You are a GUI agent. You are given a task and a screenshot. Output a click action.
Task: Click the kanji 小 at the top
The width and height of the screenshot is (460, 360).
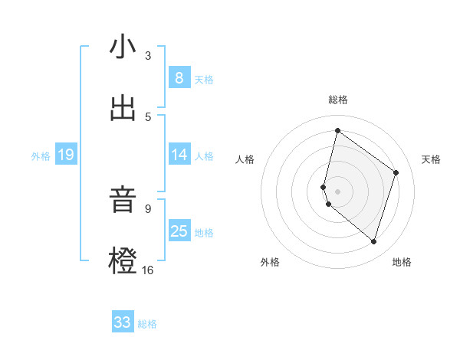(123, 47)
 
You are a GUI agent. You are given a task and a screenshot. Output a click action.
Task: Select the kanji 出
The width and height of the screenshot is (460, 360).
(123, 109)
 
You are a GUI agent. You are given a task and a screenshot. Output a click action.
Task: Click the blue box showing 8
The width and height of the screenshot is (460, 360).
(179, 77)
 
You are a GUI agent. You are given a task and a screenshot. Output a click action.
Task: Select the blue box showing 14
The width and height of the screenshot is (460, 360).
(179, 155)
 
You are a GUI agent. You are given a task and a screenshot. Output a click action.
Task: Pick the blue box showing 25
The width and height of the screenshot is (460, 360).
(179, 231)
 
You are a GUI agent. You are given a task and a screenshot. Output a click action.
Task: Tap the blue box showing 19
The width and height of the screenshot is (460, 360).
(65, 155)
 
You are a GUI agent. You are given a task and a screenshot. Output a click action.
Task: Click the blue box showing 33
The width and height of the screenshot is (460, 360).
(123, 322)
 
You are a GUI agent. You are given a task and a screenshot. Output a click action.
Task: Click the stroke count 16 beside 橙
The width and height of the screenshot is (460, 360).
(148, 270)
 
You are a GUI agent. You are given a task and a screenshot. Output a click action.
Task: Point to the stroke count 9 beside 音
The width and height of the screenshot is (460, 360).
(148, 208)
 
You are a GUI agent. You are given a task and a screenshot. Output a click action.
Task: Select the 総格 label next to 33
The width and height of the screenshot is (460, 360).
(147, 324)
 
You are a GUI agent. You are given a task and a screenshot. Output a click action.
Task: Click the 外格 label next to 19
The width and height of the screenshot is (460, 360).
(41, 156)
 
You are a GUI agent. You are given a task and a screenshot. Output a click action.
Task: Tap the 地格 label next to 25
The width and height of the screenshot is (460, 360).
(204, 233)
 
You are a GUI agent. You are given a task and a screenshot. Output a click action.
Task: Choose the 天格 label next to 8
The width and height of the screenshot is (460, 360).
(204, 79)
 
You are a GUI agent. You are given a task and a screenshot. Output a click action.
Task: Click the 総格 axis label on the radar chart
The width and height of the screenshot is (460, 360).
(338, 100)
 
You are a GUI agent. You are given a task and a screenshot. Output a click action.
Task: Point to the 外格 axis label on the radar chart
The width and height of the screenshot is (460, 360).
(270, 262)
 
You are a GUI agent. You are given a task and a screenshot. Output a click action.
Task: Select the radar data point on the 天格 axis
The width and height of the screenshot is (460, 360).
(396, 172)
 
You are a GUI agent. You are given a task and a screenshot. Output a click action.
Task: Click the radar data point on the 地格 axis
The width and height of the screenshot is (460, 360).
(373, 241)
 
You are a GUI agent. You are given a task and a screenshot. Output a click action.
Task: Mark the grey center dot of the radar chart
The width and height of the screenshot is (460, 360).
(338, 191)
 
